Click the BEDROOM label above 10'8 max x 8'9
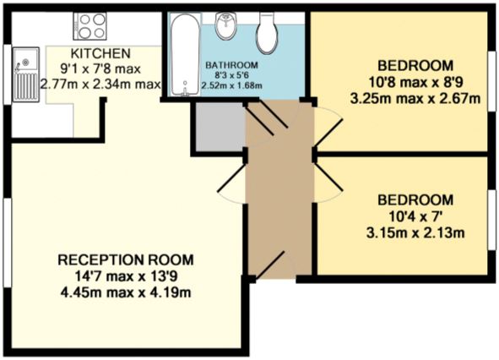click(x=415, y=65)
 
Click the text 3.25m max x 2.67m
click(x=415, y=98)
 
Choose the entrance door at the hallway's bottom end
click(x=270, y=267)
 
